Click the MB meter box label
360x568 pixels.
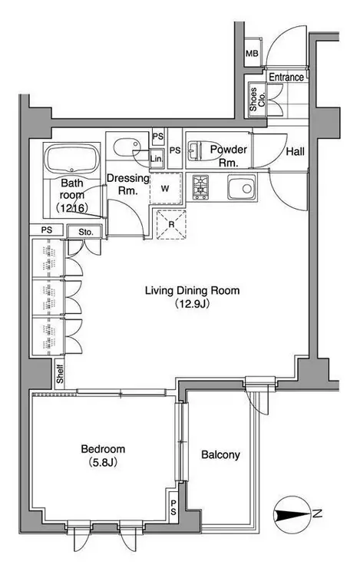(252, 54)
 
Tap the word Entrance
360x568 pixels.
(286, 78)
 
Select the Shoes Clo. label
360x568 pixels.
(257, 99)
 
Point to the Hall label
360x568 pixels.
(296, 151)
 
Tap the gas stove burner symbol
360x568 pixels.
(200, 187)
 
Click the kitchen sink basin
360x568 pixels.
(241, 187)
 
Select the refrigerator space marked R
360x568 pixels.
(171, 225)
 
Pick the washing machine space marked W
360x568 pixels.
(165, 189)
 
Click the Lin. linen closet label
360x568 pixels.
(157, 159)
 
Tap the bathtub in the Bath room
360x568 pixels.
(71, 160)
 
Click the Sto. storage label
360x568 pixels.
(86, 232)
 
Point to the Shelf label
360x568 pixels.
(60, 374)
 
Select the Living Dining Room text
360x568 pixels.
(193, 290)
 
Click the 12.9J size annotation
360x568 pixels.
(192, 303)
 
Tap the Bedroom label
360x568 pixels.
(103, 449)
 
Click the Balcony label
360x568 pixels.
(220, 454)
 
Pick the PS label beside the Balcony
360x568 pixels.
(173, 507)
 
